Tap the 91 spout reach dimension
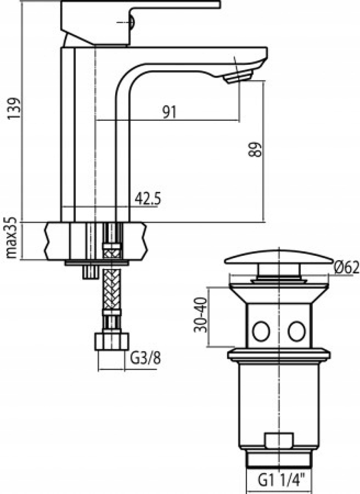[x=169, y=112]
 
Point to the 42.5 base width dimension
[x=147, y=199]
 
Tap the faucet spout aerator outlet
[x=238, y=77]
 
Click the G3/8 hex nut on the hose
[x=111, y=341]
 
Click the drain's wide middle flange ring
[x=279, y=355]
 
